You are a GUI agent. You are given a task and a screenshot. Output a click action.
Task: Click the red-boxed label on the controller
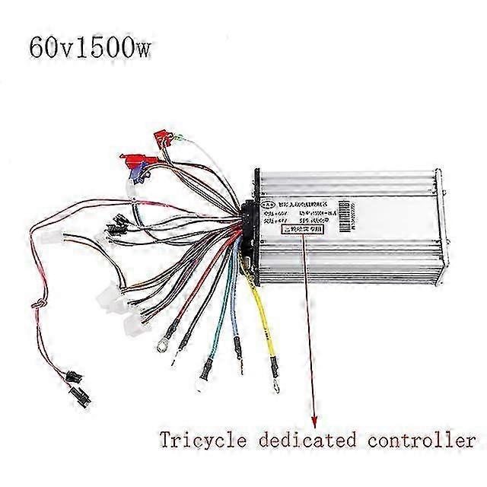tap(303, 227)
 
